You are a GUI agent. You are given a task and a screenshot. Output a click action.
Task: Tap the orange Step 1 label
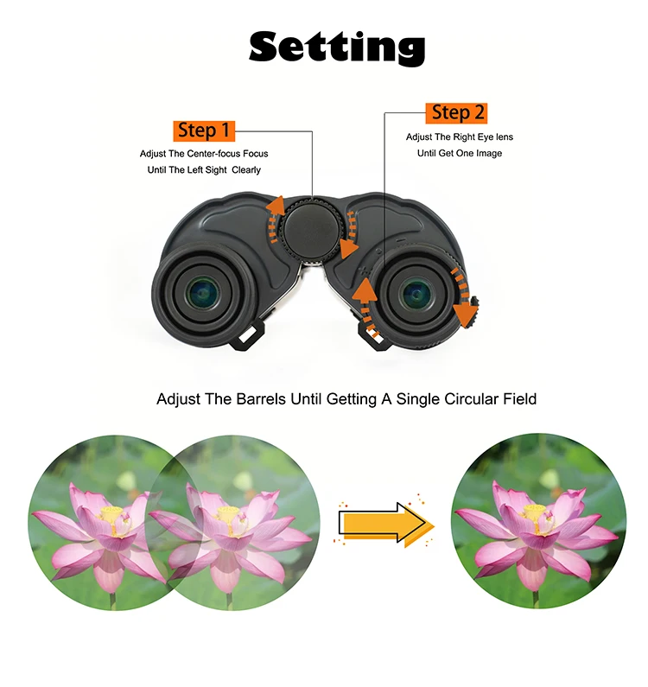point(204,130)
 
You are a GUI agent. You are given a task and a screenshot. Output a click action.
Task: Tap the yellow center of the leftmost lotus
point(112,516)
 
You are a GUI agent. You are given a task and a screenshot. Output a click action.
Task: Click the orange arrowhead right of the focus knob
point(349,250)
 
